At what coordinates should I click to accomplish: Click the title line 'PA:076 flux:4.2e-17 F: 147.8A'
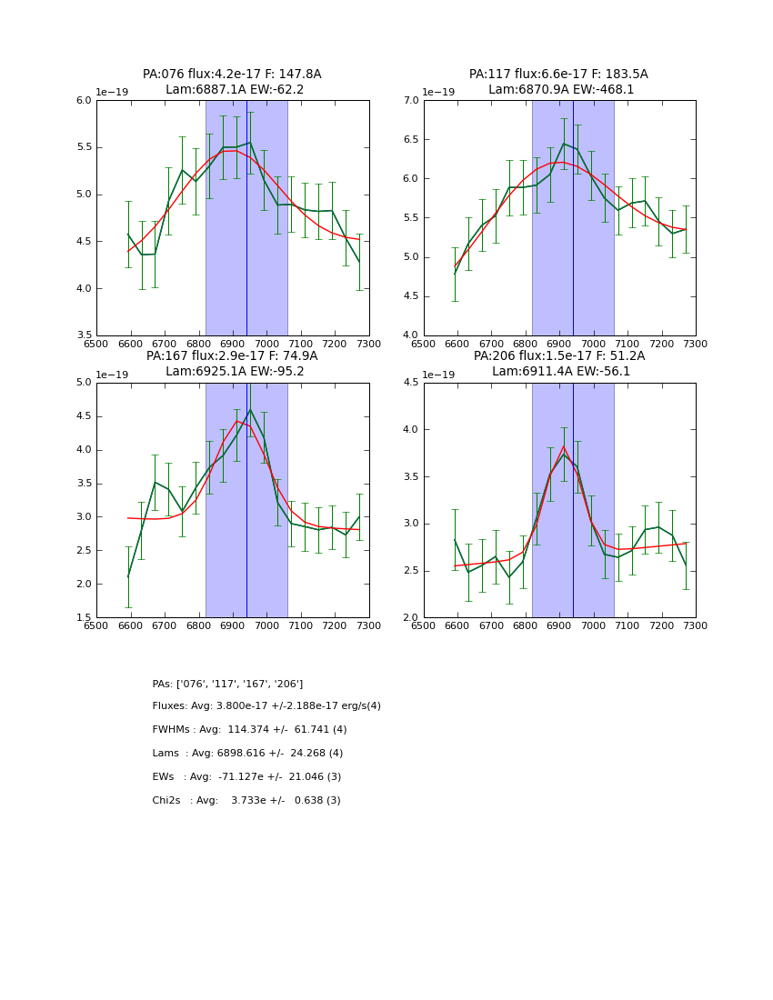click(x=232, y=75)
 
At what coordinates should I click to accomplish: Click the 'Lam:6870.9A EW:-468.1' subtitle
click(x=560, y=90)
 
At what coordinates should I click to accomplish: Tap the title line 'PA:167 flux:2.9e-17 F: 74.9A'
click(x=232, y=356)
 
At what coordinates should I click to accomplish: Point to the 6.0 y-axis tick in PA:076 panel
click(x=84, y=101)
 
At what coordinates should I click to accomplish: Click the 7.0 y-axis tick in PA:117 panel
click(x=410, y=101)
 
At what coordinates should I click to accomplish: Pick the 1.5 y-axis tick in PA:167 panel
click(x=84, y=617)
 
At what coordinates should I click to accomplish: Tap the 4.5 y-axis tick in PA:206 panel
click(x=410, y=383)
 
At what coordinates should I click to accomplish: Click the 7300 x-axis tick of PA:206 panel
click(x=696, y=626)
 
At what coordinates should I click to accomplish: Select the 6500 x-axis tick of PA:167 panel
click(x=96, y=626)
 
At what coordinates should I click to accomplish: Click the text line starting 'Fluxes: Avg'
click(x=266, y=706)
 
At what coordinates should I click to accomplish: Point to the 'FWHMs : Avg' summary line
click(x=249, y=730)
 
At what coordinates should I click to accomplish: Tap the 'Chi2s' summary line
click(x=246, y=801)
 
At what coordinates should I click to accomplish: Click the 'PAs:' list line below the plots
click(x=227, y=684)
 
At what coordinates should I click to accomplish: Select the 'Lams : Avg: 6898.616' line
click(x=247, y=754)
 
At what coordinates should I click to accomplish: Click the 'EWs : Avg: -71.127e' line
click(x=246, y=777)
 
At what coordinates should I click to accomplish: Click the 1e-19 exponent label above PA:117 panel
click(x=438, y=92)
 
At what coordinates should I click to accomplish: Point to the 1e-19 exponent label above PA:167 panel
click(x=112, y=374)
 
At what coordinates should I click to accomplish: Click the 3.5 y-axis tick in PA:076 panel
click(x=84, y=335)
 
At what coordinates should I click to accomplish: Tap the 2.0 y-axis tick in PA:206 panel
click(x=410, y=617)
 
